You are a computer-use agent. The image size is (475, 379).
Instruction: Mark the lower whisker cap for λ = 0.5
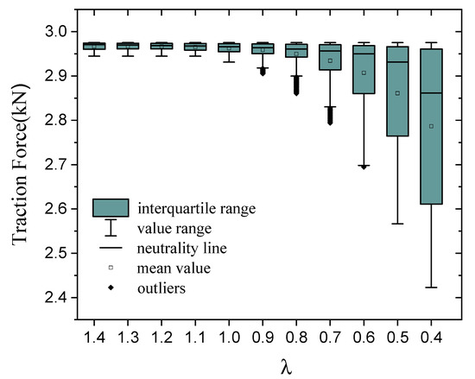398,224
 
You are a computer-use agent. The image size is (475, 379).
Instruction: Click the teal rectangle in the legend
111,208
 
